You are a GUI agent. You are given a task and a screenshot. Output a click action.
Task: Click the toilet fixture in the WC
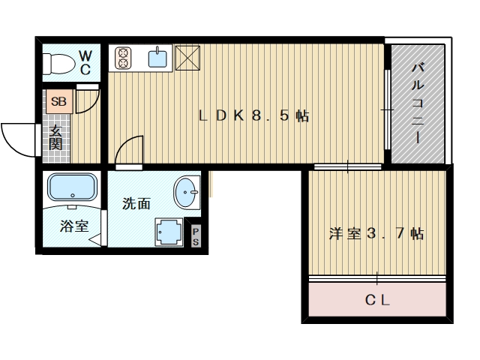coord(58,64)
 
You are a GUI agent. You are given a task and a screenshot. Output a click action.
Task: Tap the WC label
coord(85,63)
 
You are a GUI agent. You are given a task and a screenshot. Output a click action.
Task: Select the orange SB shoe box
coord(59,101)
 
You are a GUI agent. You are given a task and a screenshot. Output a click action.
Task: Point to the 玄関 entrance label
coord(56,138)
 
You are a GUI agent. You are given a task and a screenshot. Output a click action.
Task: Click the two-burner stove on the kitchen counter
coord(123,58)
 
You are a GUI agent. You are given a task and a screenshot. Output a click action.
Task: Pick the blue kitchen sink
coord(157,58)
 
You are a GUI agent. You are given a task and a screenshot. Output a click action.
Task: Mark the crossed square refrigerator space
coord(187,58)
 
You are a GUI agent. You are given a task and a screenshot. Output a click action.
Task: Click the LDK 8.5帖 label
coord(253,115)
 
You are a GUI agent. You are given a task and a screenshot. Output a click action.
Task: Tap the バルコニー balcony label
coord(418,103)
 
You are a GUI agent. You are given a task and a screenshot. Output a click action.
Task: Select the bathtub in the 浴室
coord(72,187)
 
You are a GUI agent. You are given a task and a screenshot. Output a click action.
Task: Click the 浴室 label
coord(74,226)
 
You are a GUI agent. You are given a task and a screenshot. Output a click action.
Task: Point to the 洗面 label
coord(136,203)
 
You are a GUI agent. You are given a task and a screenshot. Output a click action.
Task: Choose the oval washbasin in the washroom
coord(187,193)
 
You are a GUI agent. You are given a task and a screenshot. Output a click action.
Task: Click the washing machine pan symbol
coord(169,232)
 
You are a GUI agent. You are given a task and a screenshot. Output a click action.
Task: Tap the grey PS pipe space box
coord(196,235)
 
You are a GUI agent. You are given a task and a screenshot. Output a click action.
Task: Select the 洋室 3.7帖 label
coord(376,234)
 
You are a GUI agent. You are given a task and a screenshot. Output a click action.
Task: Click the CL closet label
coord(377,300)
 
